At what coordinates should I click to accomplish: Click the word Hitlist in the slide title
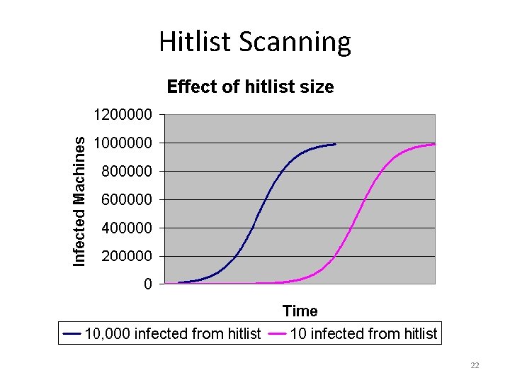tap(195, 41)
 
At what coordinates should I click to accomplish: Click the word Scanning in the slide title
tap(295, 43)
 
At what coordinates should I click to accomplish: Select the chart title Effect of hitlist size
tap(250, 87)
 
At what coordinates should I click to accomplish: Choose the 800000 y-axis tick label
tap(126, 172)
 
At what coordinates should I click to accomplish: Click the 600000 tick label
tap(126, 200)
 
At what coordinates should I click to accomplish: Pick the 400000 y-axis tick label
tap(126, 228)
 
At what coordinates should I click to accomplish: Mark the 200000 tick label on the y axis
tap(126, 256)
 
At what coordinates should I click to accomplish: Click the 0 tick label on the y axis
tap(147, 284)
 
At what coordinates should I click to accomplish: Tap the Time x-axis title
tap(300, 311)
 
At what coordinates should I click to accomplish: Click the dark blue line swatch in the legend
tap(72, 333)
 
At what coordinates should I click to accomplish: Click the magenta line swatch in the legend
tap(278, 333)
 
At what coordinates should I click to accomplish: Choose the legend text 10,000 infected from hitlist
tap(173, 333)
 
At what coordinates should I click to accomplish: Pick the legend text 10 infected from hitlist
tap(363, 333)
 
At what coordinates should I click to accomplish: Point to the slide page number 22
tap(475, 365)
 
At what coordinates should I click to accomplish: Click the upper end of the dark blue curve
tap(334, 144)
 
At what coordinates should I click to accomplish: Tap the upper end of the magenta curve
tap(433, 144)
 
